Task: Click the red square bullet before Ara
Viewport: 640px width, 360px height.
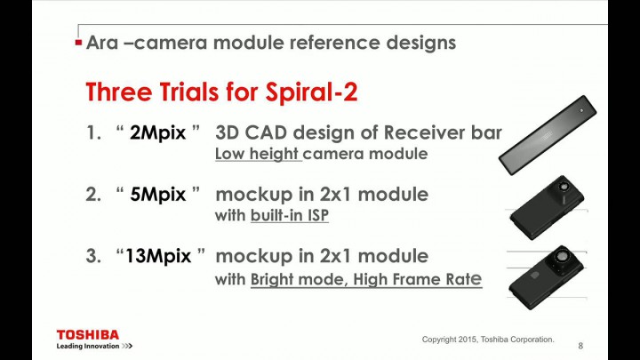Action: pyautogui.click(x=79, y=43)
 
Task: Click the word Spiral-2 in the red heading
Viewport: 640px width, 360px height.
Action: pyautogui.click(x=311, y=92)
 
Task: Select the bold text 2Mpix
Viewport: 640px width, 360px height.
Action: pyautogui.click(x=157, y=133)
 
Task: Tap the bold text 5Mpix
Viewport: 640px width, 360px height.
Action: pyautogui.click(x=157, y=195)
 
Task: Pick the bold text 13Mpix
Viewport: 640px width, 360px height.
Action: pyautogui.click(x=158, y=256)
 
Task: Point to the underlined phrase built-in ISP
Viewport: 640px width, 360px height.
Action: pyautogui.click(x=290, y=215)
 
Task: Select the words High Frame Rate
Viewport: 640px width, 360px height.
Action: pyautogui.click(x=418, y=279)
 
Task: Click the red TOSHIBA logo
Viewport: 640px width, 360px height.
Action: pyautogui.click(x=88, y=335)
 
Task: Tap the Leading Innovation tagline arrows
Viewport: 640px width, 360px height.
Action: pyautogui.click(x=127, y=346)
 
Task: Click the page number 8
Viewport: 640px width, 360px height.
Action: pyautogui.click(x=580, y=346)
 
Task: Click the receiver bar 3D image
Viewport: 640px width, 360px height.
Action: pyautogui.click(x=548, y=135)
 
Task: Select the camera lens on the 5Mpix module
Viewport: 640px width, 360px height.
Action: pyautogui.click(x=564, y=186)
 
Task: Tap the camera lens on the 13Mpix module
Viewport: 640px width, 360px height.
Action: pyautogui.click(x=562, y=257)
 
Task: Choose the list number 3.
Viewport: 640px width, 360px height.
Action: pyautogui.click(x=93, y=256)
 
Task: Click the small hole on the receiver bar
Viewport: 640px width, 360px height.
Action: pyautogui.click(x=581, y=110)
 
